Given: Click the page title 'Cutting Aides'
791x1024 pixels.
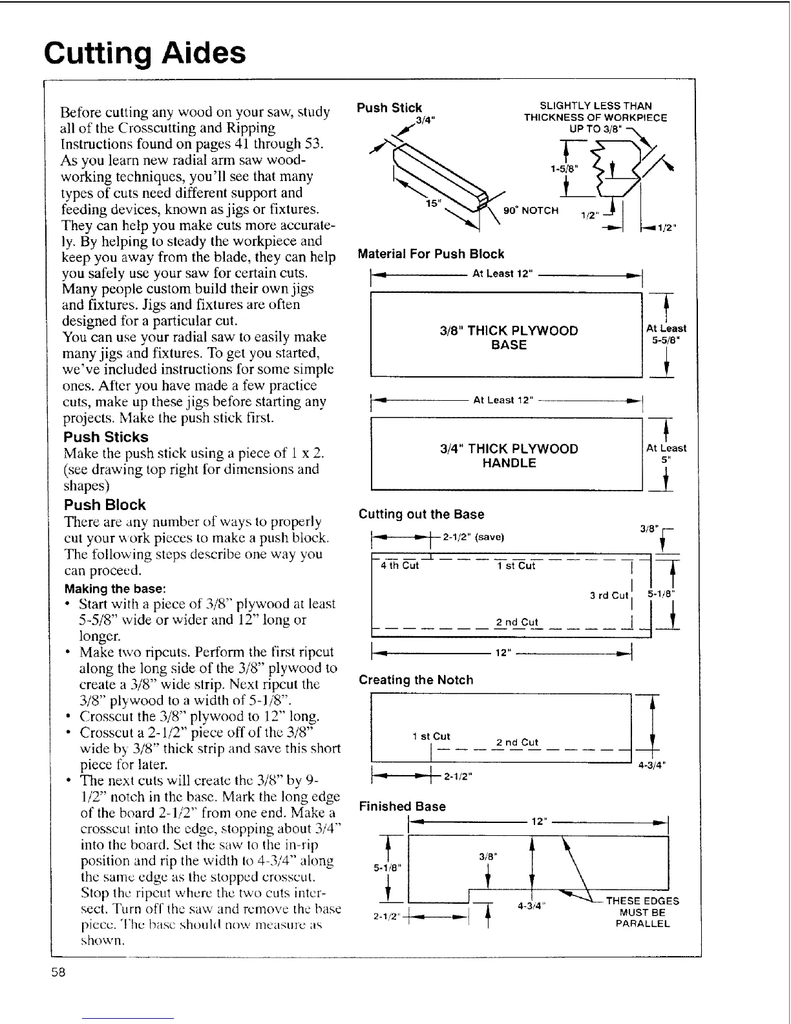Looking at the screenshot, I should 145,53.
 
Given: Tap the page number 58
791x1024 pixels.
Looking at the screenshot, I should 59,973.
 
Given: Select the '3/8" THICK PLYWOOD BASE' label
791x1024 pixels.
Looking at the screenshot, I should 509,337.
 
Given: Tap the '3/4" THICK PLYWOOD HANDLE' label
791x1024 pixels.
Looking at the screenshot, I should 509,456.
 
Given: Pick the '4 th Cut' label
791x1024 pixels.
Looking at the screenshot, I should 399,566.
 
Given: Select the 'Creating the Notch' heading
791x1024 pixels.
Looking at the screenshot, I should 416,680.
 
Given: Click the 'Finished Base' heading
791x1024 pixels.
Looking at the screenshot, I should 402,806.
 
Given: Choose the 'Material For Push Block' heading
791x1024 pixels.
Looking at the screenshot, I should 430,254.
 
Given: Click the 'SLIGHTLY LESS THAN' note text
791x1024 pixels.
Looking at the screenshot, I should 595,105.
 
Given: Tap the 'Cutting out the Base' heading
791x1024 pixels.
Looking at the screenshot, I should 421,515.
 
